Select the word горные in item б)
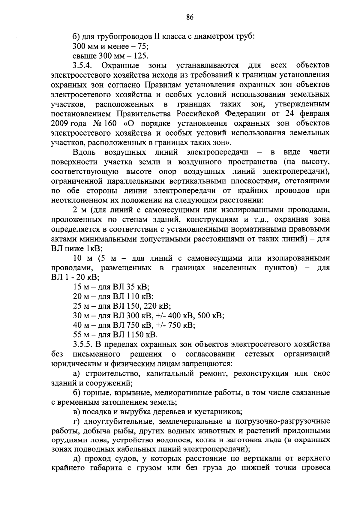pyautogui.click(x=95, y=393)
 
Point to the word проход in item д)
pyautogui.click(x=97, y=458)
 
